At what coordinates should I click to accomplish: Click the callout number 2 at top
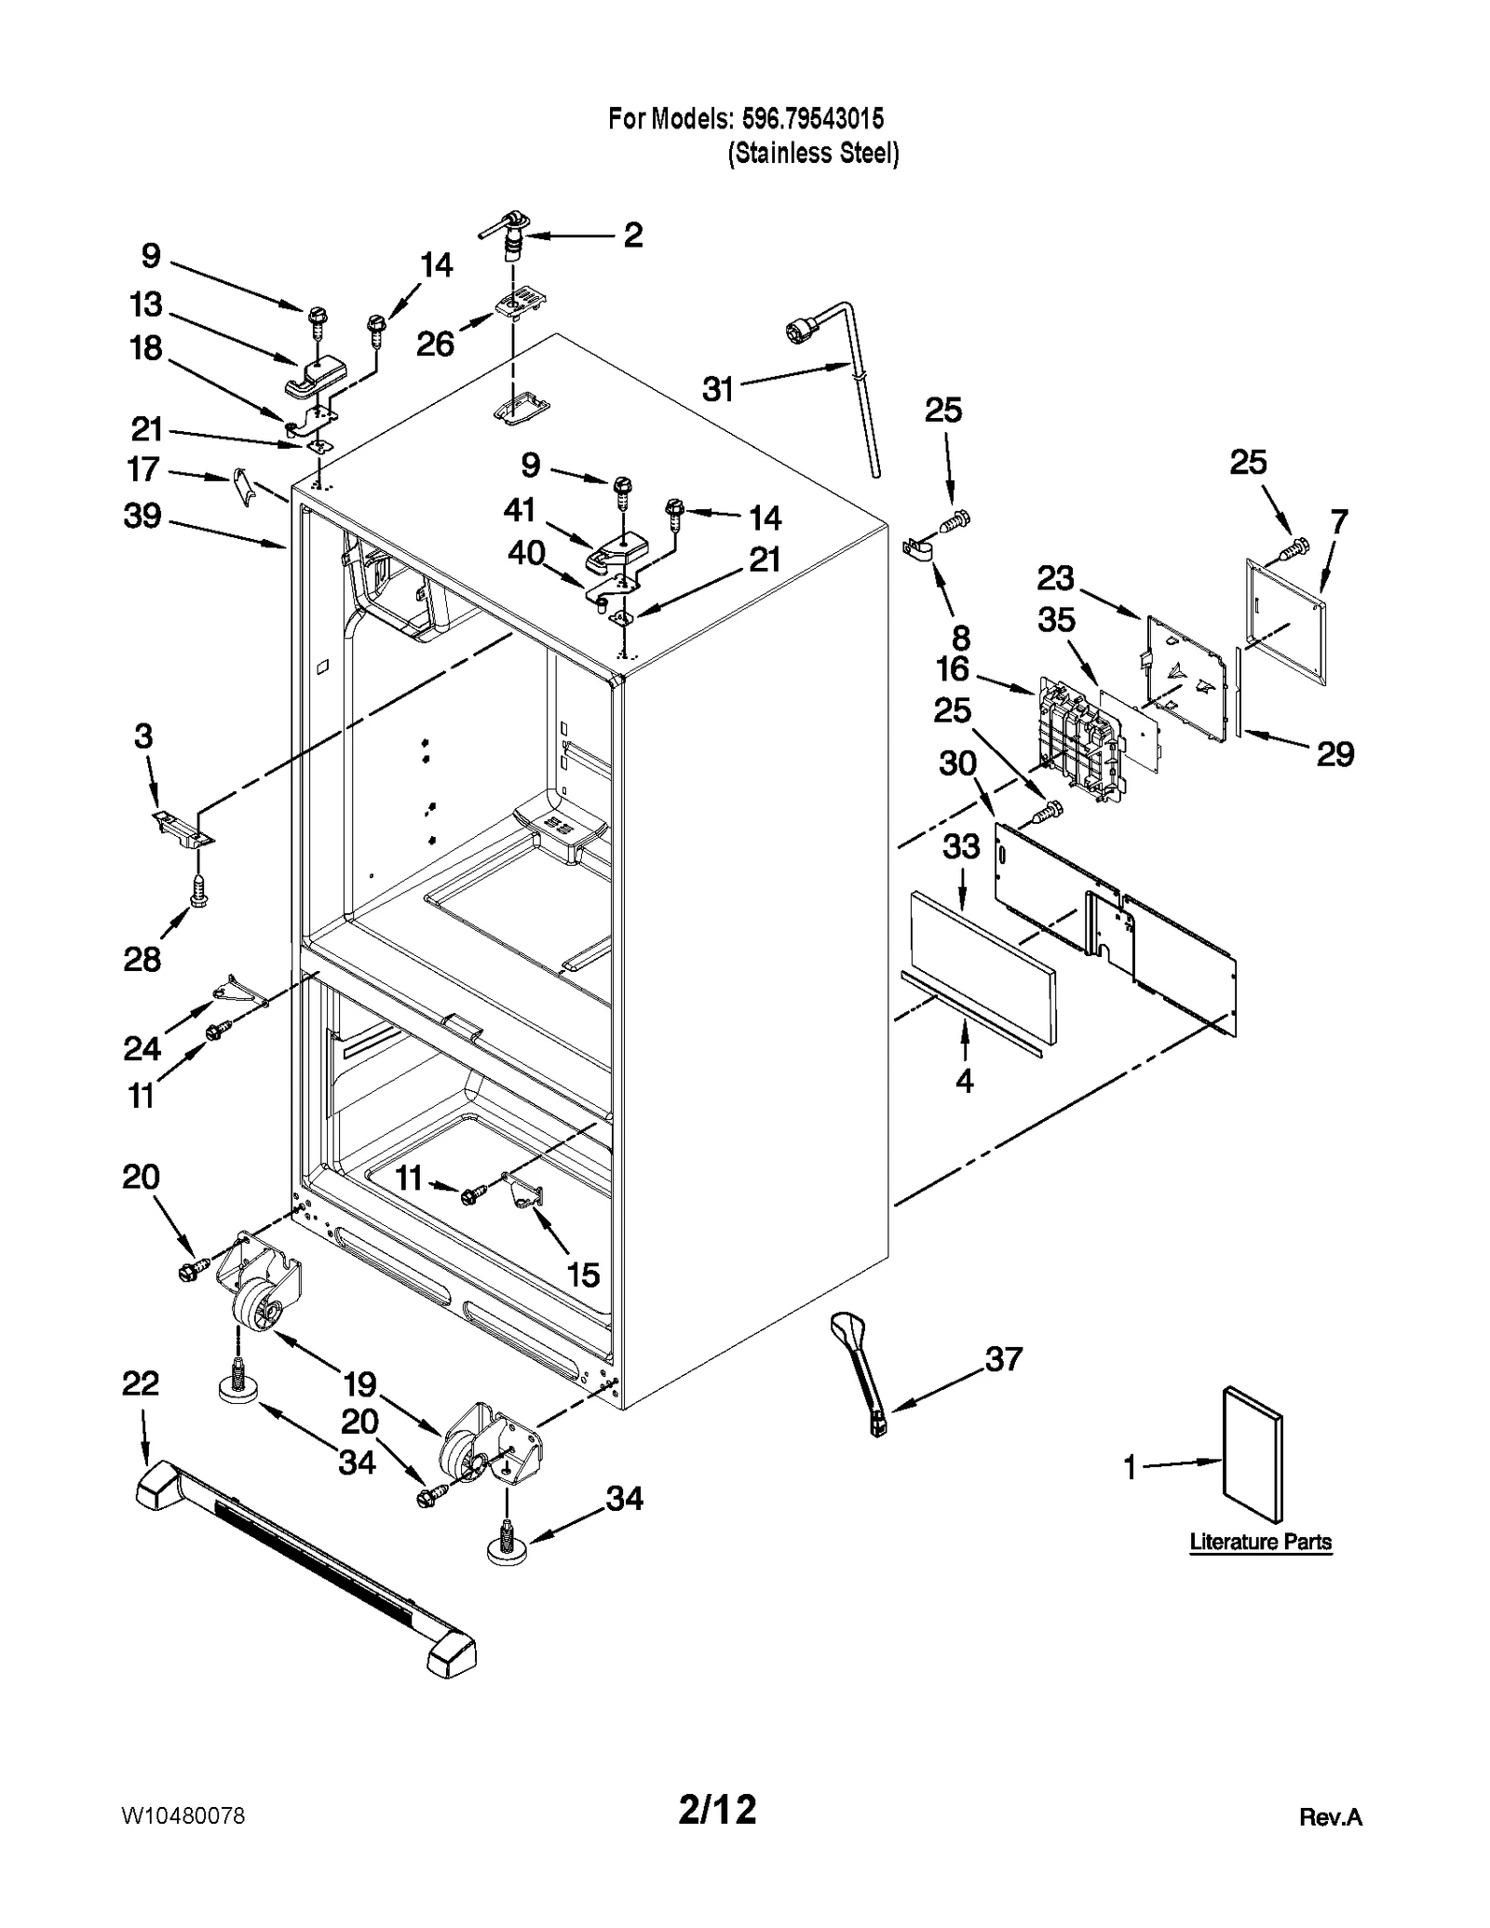(x=632, y=235)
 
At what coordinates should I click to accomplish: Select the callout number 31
(x=718, y=389)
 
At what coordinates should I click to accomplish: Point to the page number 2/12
(x=717, y=1810)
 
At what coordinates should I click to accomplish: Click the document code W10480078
(x=183, y=1816)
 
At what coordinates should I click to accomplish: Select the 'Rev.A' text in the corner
(x=1330, y=1817)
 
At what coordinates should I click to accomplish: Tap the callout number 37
(x=1003, y=1358)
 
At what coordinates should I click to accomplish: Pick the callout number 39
(x=142, y=516)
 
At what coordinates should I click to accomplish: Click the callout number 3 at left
(x=142, y=736)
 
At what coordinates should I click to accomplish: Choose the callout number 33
(x=961, y=846)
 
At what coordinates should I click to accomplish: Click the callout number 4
(x=964, y=1080)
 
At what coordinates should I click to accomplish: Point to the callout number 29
(x=1334, y=753)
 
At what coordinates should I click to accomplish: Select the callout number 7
(x=1338, y=522)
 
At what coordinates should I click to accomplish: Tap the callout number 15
(x=583, y=1274)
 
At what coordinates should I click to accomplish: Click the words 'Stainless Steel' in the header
(x=813, y=153)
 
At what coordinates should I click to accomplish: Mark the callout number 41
(x=520, y=509)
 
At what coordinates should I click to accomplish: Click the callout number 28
(x=142, y=959)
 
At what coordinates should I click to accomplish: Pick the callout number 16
(x=952, y=668)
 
